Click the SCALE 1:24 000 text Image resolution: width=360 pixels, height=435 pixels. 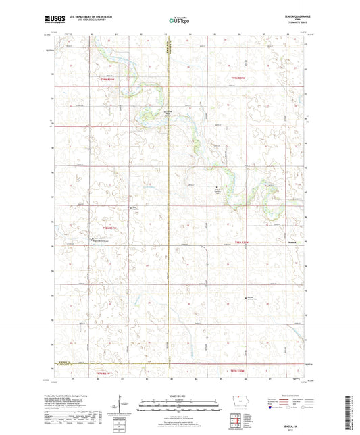180,395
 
